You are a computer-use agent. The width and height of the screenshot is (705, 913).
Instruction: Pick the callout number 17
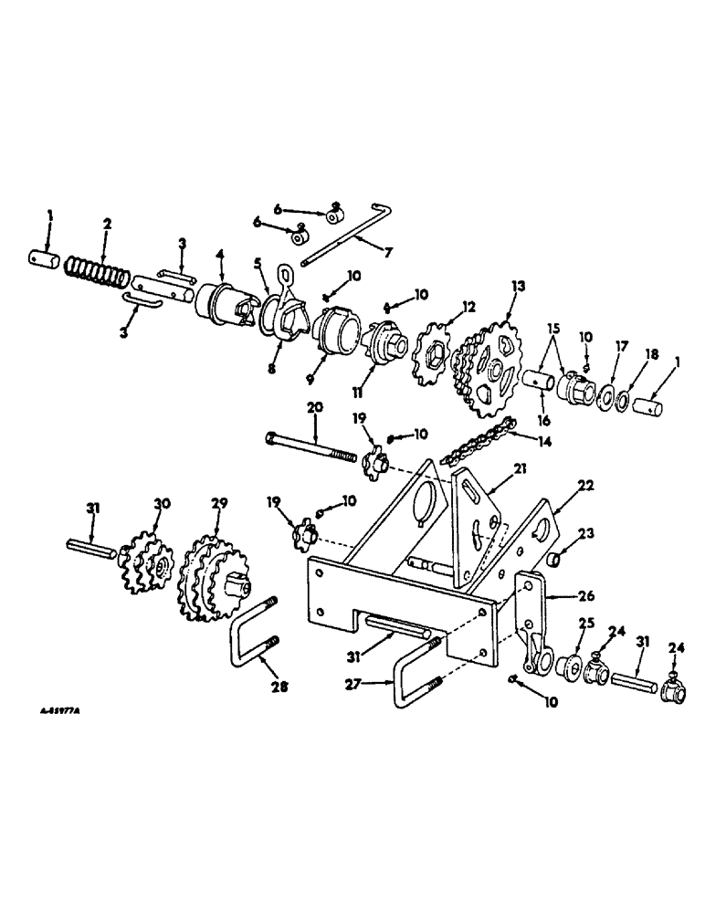(x=598, y=348)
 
